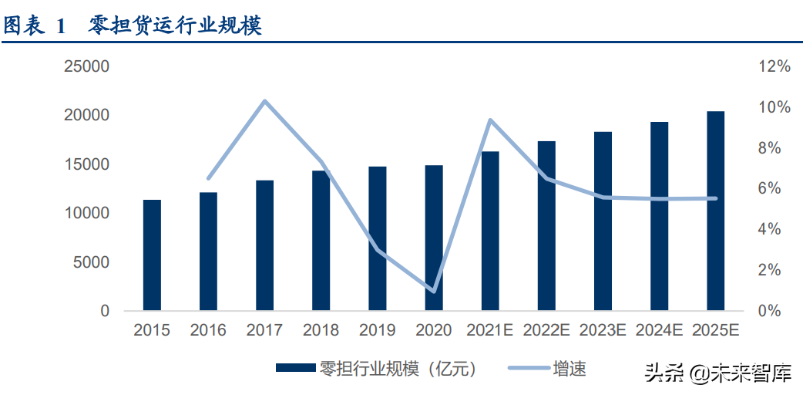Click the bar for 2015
(152, 255)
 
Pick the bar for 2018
(321, 241)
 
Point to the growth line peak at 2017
(264, 101)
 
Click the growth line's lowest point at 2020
(434, 291)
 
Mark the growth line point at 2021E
(490, 120)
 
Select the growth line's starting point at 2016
(208, 178)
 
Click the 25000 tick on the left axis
(88, 67)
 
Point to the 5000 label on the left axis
(92, 262)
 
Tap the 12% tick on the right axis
(774, 67)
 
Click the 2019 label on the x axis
(378, 331)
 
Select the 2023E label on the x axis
(603, 331)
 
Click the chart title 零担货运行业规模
(176, 25)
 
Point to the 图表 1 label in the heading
(35, 25)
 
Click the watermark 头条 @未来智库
(718, 375)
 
